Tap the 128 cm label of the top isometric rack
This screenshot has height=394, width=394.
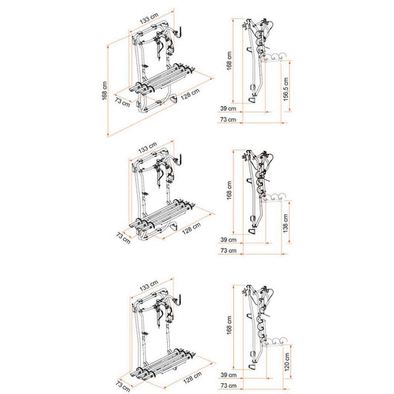(x=190, y=96)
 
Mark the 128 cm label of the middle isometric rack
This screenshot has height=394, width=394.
(x=192, y=229)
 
